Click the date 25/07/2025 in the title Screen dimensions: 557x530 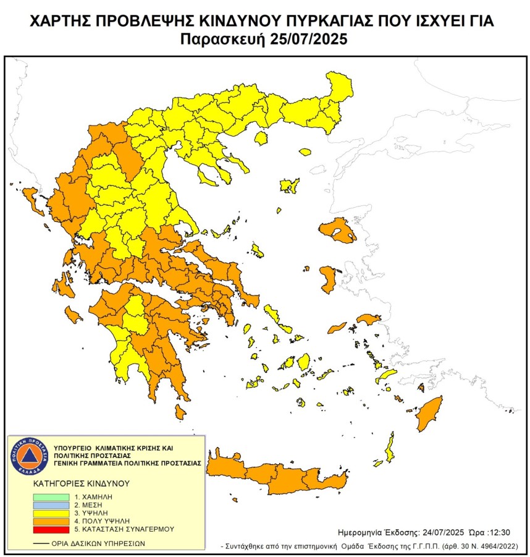point(307,40)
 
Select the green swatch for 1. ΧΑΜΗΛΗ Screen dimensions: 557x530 point(51,497)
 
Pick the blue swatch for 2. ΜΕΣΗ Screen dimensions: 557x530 point(51,505)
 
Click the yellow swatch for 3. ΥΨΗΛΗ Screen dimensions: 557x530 point(51,513)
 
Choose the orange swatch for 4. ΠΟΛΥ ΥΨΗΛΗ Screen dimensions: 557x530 point(51,521)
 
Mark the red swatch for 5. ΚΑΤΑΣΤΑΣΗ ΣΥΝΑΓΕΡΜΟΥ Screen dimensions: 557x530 point(51,529)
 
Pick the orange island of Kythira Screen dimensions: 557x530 point(180,412)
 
